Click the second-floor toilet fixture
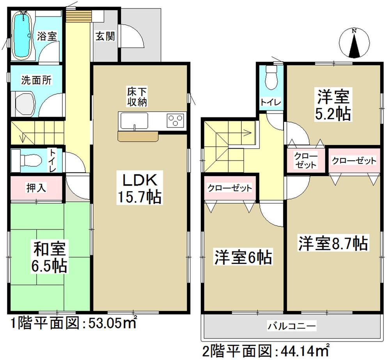pos(270,78)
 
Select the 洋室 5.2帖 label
pos(333,104)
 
